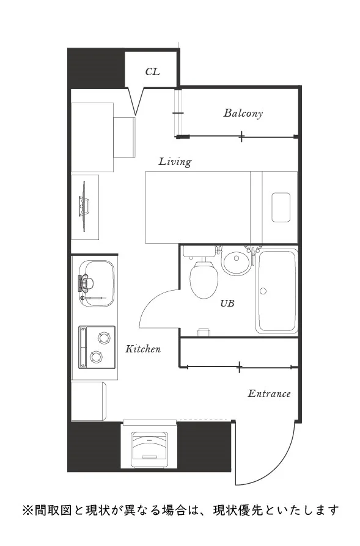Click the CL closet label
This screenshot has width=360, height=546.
[x=152, y=71]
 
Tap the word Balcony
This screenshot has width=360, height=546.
[x=243, y=113]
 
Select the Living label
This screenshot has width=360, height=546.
[x=175, y=162]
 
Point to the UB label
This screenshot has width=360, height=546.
[x=227, y=304]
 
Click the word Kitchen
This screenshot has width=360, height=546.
[x=143, y=349]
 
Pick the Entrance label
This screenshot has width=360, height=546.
[x=269, y=393]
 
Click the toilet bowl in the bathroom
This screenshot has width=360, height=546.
[x=204, y=279]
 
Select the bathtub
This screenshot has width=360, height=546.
[x=277, y=291]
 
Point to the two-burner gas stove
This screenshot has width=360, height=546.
[x=97, y=347]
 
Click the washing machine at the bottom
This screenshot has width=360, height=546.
[x=149, y=449]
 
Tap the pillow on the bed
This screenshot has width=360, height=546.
[x=281, y=207]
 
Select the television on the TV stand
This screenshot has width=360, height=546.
[x=84, y=206]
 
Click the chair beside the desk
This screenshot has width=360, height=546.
[x=125, y=137]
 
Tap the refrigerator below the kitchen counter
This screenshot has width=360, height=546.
[x=89, y=401]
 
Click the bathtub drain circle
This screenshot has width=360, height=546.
[x=263, y=291]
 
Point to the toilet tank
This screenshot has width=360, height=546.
[x=199, y=252]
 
